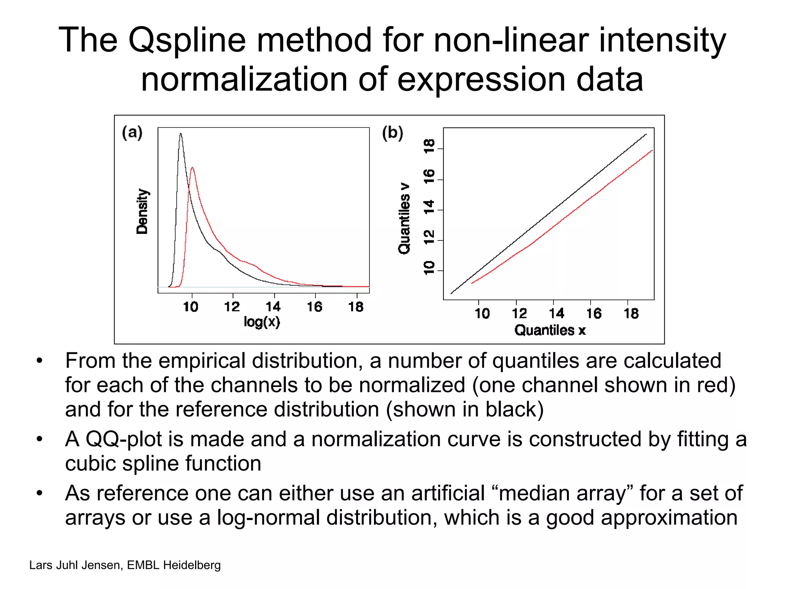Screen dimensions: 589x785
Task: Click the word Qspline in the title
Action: pos(187,41)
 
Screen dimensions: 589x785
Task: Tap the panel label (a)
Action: pos(132,133)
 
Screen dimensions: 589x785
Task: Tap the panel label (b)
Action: pos(392,133)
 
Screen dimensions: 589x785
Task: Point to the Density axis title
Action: pos(142,211)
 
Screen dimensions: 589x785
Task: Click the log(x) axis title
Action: pos(262,321)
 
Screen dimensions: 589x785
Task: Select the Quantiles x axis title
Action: pos(550,330)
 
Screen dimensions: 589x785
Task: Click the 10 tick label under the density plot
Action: pos(191,307)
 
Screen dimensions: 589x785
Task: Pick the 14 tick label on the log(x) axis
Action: pos(273,307)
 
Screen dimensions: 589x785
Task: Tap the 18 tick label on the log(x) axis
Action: pos(356,307)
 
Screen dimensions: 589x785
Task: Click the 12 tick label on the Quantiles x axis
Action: pos(519,314)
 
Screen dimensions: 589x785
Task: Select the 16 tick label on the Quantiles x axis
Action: pos(594,314)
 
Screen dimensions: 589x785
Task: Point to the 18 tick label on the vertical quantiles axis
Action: pos(429,146)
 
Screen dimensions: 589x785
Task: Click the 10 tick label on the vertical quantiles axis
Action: pos(429,268)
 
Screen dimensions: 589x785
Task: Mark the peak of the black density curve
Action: pos(181,134)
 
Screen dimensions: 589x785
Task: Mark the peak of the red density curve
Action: pos(192,168)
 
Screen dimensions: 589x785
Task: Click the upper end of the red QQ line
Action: pos(652,151)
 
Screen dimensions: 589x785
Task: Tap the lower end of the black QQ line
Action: pos(452,293)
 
